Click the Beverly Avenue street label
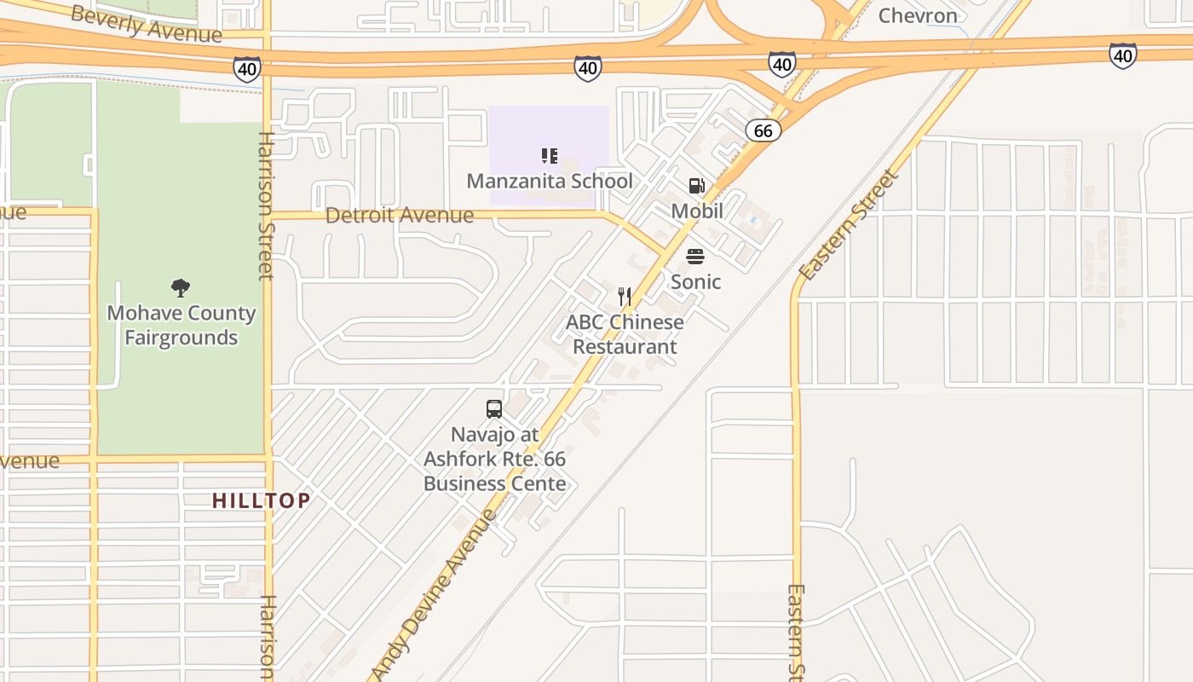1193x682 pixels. (146, 23)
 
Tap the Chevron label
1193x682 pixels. (918, 15)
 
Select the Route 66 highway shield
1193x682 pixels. (763, 130)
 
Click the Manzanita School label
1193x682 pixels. (550, 181)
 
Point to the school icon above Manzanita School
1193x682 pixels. (550, 156)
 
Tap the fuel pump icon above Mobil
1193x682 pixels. (696, 186)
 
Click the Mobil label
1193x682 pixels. (697, 211)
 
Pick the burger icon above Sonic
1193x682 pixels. (695, 257)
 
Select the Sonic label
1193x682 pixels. (695, 281)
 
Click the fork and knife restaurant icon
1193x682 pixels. (625, 297)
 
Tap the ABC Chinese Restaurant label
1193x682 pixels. (625, 334)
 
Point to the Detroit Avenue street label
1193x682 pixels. (400, 215)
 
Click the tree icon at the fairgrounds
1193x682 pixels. (181, 288)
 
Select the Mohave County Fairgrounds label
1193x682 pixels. (181, 325)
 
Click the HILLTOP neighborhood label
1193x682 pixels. (261, 500)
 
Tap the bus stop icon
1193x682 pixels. (494, 409)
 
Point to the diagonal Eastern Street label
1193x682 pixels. (849, 225)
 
